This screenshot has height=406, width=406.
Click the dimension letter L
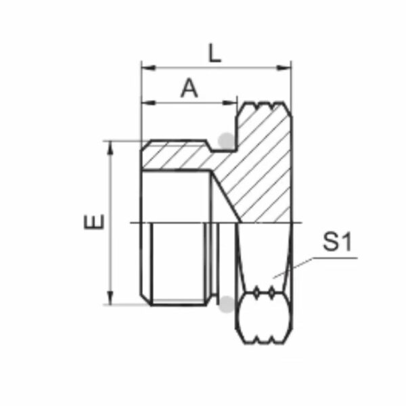[x=215, y=53]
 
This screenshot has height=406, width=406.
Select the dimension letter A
[x=189, y=89]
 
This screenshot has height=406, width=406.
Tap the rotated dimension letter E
[x=95, y=222]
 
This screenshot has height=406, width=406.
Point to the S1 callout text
[x=338, y=242]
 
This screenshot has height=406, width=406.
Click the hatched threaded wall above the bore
[x=176, y=157]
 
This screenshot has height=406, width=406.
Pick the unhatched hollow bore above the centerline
[x=176, y=196]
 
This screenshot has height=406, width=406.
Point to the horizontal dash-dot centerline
[x=189, y=223]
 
